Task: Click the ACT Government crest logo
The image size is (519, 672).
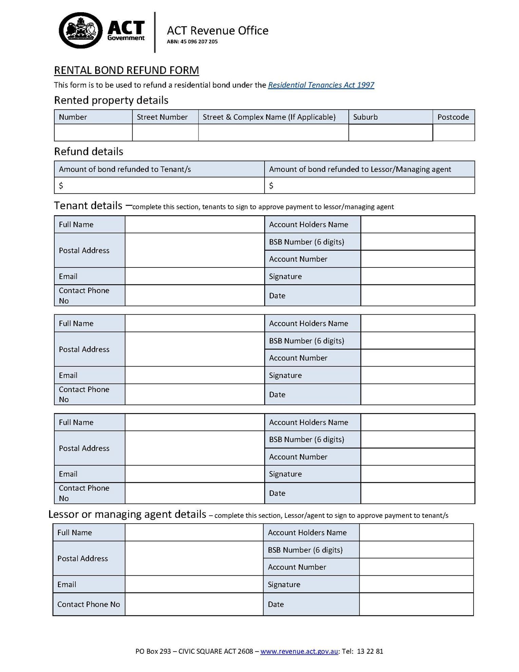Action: coord(81,31)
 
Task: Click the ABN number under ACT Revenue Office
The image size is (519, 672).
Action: coord(192,42)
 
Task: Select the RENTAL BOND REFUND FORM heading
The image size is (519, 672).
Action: coord(126,70)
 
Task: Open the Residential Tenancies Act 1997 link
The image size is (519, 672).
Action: coord(321,85)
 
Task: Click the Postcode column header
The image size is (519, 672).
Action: coord(453,117)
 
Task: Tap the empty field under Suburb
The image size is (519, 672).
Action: coord(390,132)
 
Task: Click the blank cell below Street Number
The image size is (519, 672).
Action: coord(165,132)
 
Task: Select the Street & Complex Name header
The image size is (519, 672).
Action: coord(269,117)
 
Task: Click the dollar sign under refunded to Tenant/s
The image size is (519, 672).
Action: coord(61,185)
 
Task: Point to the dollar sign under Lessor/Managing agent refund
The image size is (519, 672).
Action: coord(271,185)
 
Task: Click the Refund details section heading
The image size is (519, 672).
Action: coord(89,151)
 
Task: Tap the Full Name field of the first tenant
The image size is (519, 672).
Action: coord(194,224)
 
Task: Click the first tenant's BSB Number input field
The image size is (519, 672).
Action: coord(418,242)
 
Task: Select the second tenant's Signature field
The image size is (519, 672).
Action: coord(418,375)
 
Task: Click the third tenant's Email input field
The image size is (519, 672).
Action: coord(194,474)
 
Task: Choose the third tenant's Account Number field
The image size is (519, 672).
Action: coord(418,456)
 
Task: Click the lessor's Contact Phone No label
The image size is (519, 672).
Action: coord(89,604)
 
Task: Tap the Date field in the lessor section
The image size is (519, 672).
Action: coord(416,604)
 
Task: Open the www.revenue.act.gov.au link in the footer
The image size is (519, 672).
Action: coord(299,651)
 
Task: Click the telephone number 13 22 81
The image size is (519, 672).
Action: coord(370,651)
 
